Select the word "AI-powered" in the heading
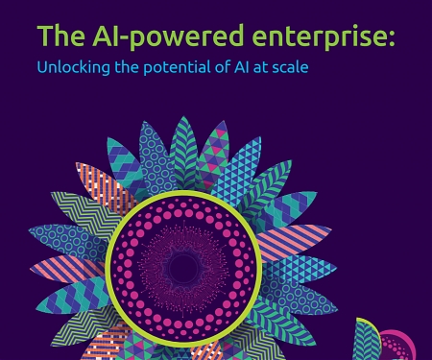click(x=155, y=37)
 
